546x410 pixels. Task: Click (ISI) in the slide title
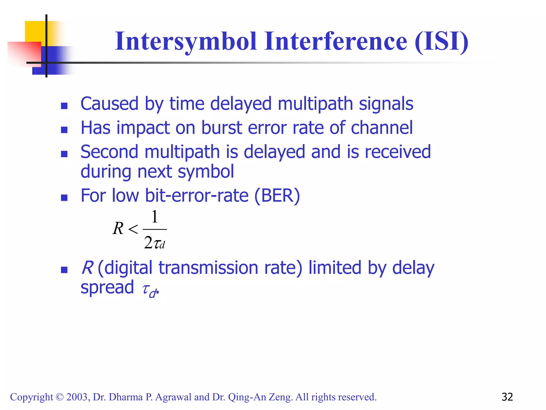pos(441,41)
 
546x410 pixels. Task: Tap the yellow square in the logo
pos(35,31)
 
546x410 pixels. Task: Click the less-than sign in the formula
pos(133,229)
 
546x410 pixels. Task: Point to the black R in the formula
pos(118,228)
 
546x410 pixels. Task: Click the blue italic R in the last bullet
pos(87,268)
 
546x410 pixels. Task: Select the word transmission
pos(208,268)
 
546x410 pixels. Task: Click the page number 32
pos(507,397)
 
